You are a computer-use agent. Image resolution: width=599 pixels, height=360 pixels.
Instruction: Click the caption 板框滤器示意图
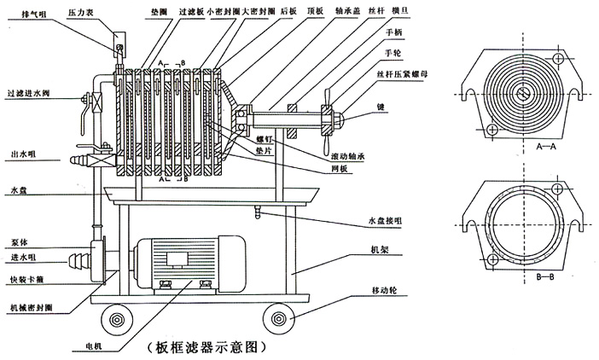[x=208, y=347]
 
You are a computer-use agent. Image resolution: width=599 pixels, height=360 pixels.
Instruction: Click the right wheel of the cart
[x=278, y=321]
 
